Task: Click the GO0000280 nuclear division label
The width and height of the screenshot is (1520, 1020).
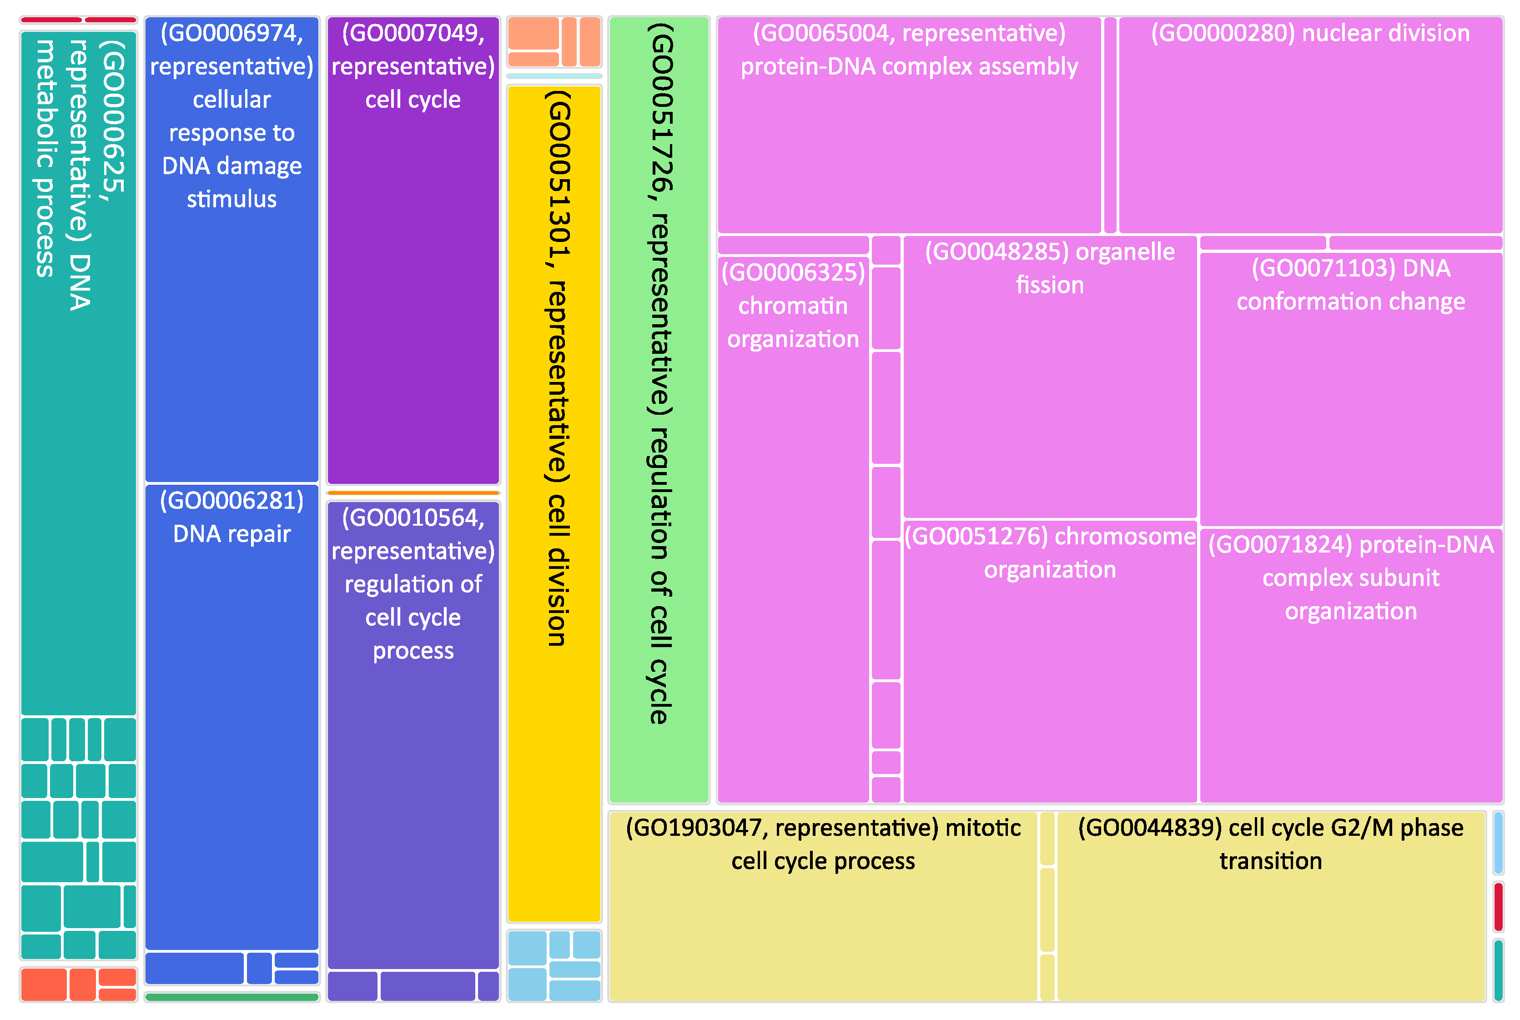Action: click(1310, 34)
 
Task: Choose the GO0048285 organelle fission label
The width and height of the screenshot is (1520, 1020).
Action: click(1050, 268)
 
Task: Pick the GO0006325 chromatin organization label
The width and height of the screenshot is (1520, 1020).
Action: click(793, 306)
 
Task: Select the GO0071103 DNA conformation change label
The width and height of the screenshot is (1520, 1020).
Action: click(1350, 285)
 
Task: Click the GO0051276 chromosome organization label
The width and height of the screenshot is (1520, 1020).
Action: click(1050, 553)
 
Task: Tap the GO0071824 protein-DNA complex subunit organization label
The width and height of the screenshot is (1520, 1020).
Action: click(1350, 578)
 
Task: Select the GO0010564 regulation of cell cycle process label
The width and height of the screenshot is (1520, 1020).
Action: click(413, 584)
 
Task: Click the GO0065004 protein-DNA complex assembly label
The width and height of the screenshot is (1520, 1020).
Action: click(909, 50)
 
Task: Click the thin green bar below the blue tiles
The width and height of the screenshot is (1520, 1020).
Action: click(232, 997)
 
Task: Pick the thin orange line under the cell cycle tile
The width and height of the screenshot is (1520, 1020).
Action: click(413, 493)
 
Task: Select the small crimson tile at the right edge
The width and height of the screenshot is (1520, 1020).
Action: click(1498, 906)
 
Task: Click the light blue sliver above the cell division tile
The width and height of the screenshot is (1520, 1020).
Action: click(554, 76)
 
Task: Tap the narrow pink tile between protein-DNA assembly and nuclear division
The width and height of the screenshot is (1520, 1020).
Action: click(1110, 125)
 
